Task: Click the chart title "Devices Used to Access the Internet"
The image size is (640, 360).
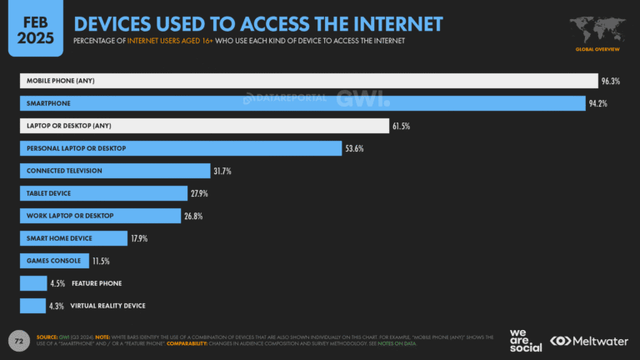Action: (x=258, y=22)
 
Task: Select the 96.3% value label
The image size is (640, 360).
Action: (x=612, y=81)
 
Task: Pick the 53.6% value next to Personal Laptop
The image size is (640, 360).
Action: (x=354, y=148)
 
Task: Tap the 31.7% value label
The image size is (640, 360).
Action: (x=222, y=171)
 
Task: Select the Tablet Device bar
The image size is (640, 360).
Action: (x=103, y=193)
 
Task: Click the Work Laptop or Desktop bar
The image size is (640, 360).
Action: (x=100, y=216)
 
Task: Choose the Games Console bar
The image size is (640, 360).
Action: (x=52, y=261)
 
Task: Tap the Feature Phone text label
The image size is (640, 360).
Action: (x=97, y=283)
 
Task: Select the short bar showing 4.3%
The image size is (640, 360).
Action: (x=32, y=306)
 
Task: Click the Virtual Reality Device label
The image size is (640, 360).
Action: (x=107, y=306)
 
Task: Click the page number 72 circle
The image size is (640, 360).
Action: (x=17, y=340)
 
